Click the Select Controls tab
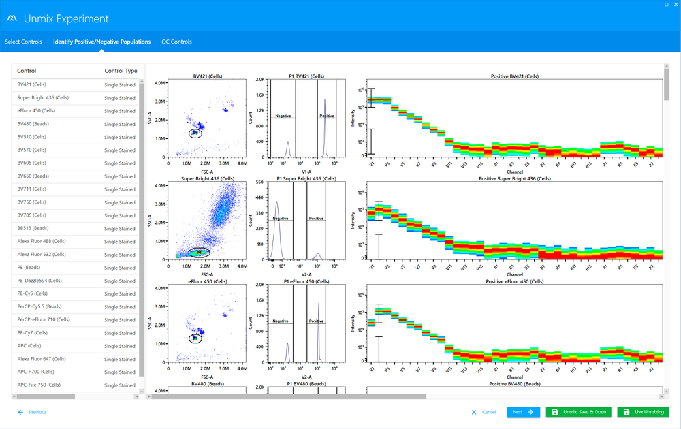click(23, 42)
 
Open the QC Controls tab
click(176, 42)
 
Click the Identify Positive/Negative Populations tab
click(101, 42)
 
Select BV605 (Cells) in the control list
click(32, 163)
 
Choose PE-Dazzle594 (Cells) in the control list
click(39, 281)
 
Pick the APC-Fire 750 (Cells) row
click(39, 385)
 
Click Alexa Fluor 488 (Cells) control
click(42, 242)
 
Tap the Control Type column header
click(121, 71)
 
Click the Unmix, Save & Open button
click(578, 412)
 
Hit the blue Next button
click(523, 412)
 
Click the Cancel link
click(484, 412)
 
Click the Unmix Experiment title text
click(66, 19)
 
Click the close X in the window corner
click(675, 5)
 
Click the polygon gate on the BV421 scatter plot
click(195, 133)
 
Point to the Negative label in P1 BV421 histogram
click(283, 116)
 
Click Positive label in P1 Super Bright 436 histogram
click(316, 219)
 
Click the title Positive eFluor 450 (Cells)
click(514, 281)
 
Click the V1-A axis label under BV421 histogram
click(306, 170)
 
